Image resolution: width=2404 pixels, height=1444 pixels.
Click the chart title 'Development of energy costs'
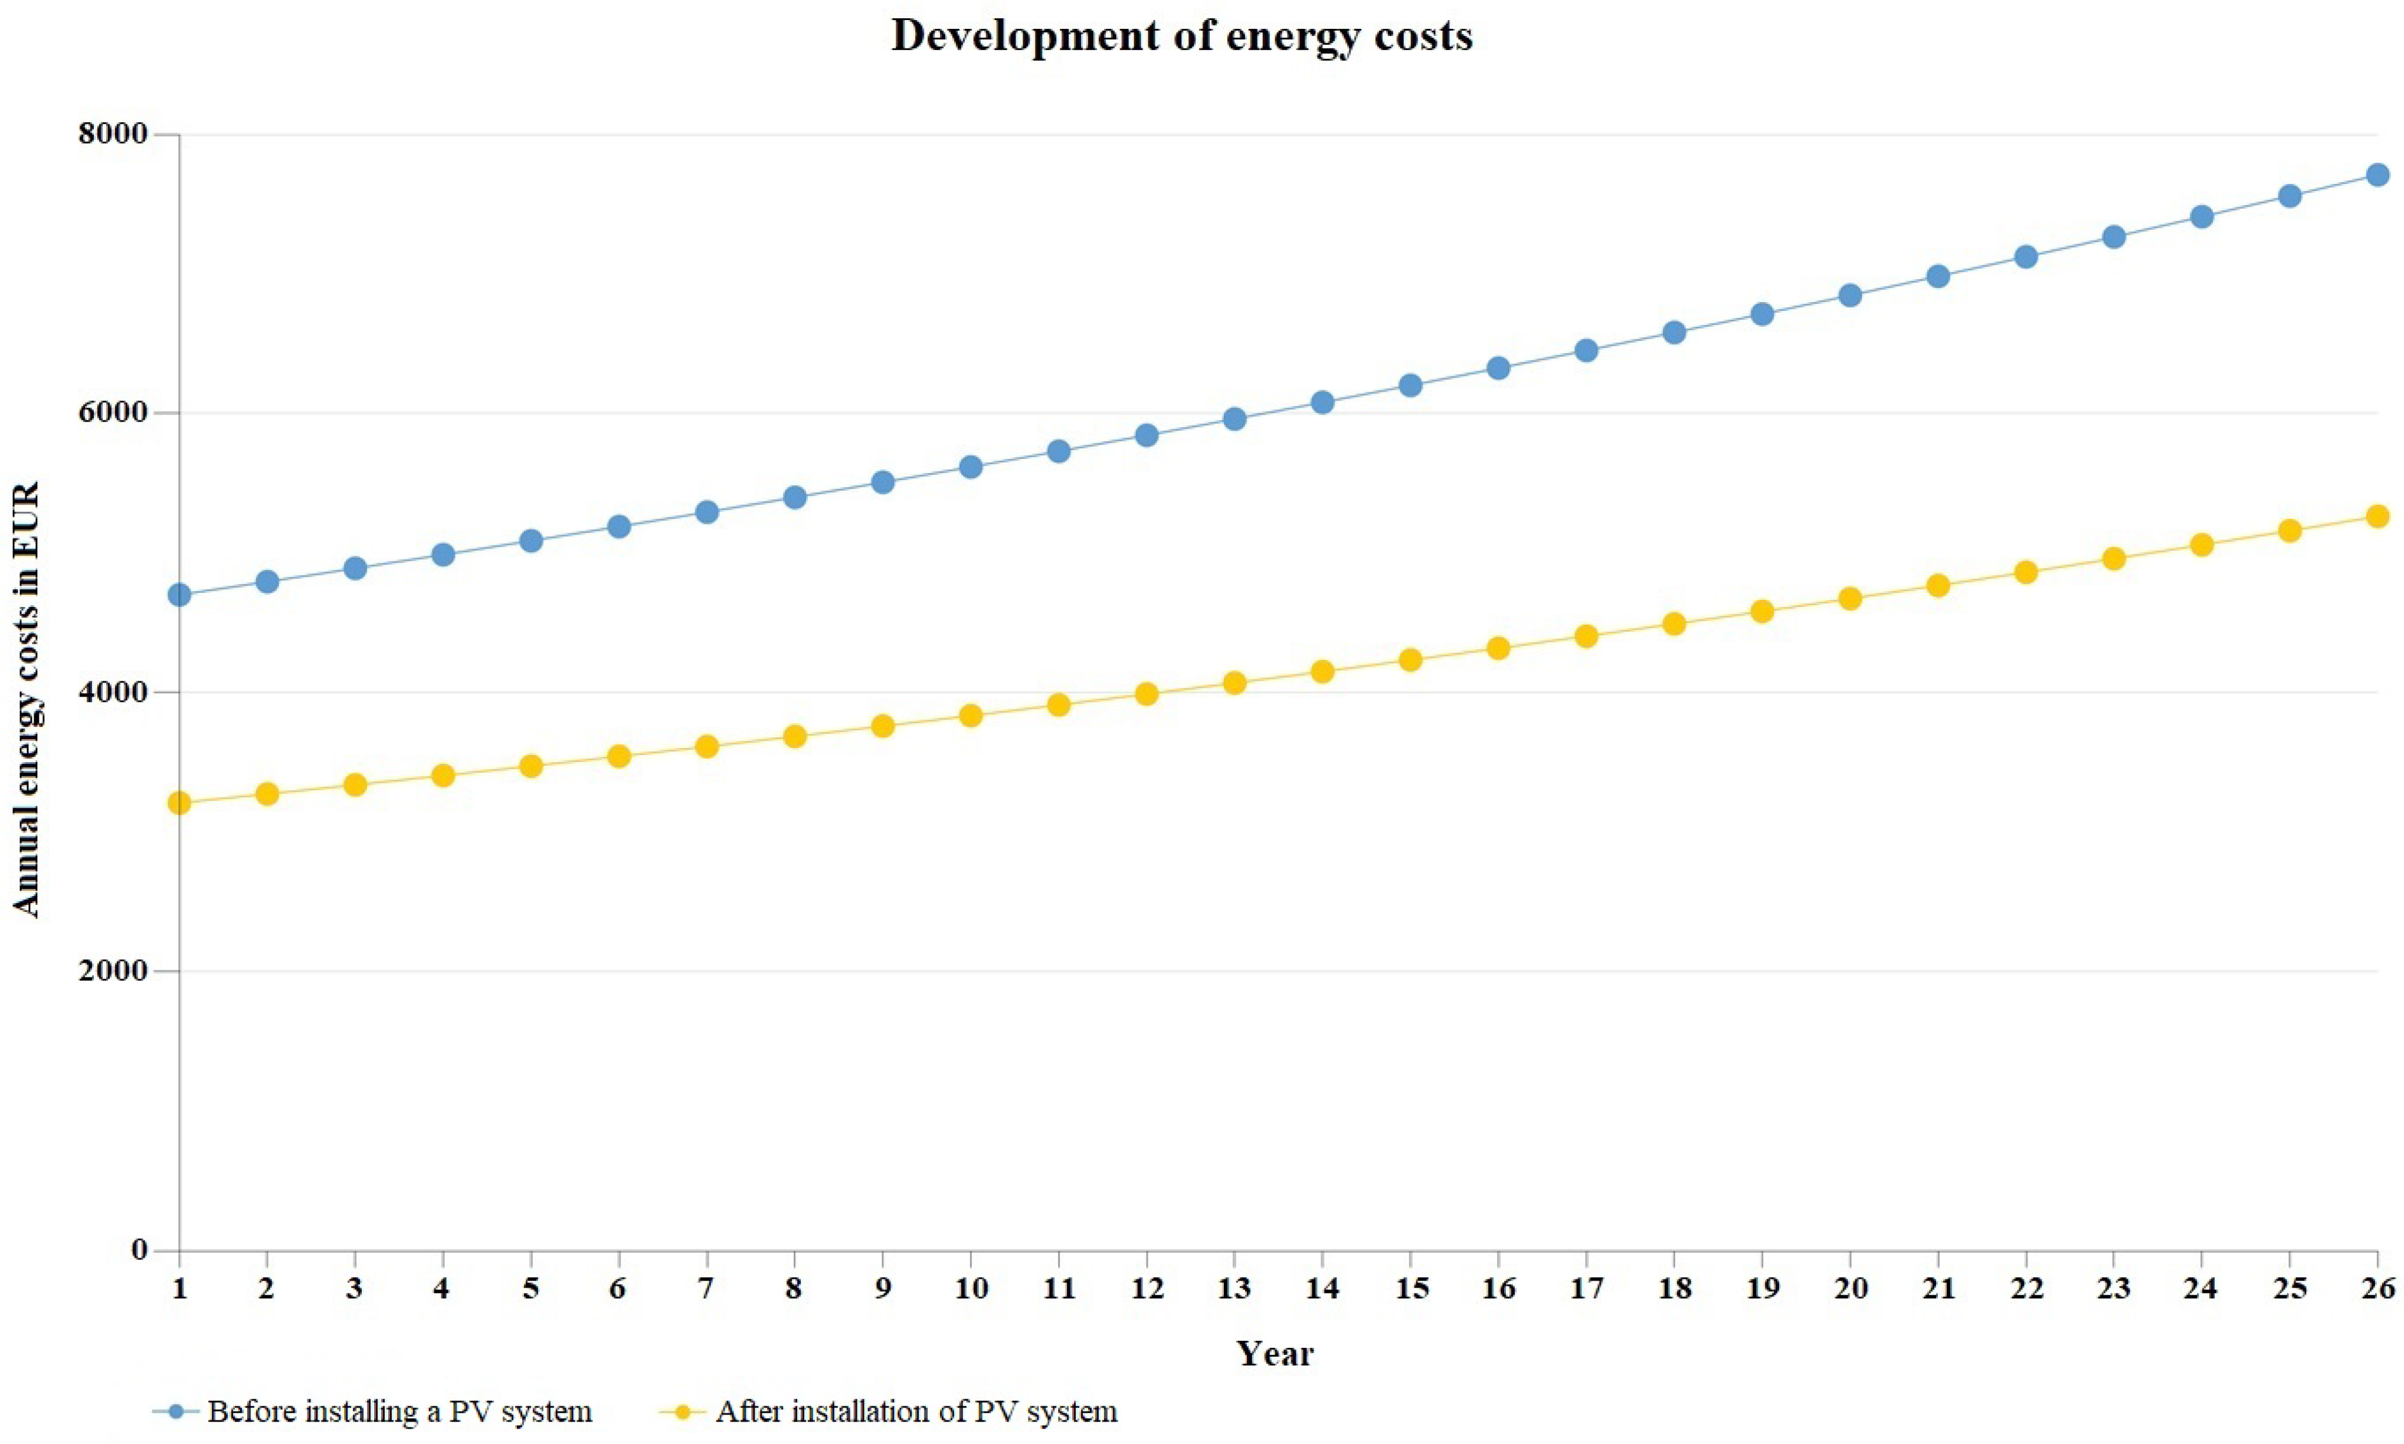point(1181,36)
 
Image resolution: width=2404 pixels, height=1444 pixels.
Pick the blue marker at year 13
point(1234,419)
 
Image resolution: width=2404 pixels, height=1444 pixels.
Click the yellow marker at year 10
point(970,715)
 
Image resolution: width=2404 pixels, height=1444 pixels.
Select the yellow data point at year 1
point(179,803)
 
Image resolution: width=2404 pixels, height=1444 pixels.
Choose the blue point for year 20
point(1850,296)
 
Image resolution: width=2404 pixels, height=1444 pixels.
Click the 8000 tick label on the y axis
point(113,134)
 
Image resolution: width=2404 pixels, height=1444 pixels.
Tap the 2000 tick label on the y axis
point(113,971)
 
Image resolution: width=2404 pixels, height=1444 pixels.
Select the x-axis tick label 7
point(706,1289)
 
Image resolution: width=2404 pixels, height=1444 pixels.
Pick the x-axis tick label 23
point(2114,1289)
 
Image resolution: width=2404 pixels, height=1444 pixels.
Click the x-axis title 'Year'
point(1275,1354)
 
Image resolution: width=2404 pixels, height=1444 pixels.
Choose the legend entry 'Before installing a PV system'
point(399,1412)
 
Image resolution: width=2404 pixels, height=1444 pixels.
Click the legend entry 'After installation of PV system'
point(916,1412)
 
